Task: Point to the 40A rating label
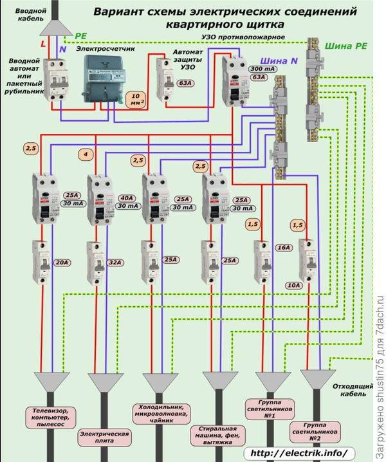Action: [x=126, y=198]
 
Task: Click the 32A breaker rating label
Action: [x=116, y=262]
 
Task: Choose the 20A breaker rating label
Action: [x=60, y=262]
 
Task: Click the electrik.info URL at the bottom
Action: [x=300, y=453]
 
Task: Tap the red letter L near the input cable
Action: [x=43, y=43]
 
